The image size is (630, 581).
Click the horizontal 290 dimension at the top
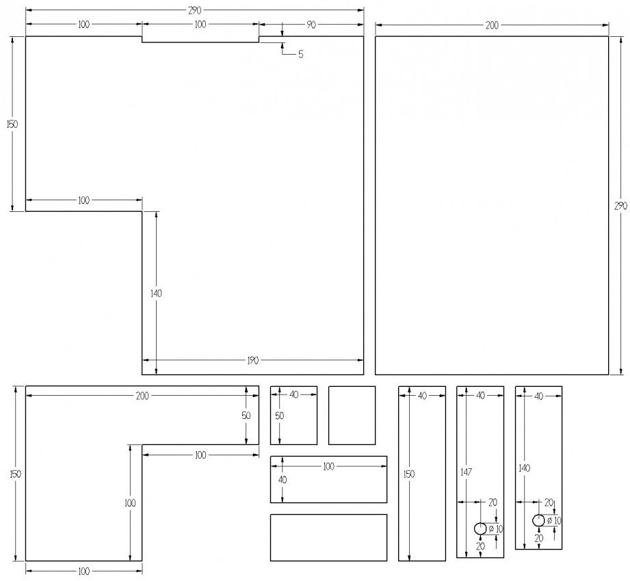pyautogui.click(x=194, y=10)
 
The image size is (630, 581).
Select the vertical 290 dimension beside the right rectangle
pyautogui.click(x=620, y=206)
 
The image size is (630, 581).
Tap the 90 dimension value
pyautogui.click(x=311, y=25)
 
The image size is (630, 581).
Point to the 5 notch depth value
pyautogui.click(x=300, y=54)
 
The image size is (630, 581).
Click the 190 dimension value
pyautogui.click(x=252, y=361)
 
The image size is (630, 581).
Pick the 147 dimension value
pyautogui.click(x=466, y=472)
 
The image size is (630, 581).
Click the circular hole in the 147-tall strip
pyautogui.click(x=480, y=529)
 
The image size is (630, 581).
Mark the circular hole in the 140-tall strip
pyautogui.click(x=538, y=520)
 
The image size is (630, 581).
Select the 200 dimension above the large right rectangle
pyautogui.click(x=492, y=25)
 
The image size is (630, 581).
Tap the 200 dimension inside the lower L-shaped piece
pyautogui.click(x=142, y=396)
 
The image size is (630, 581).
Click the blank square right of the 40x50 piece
pyautogui.click(x=352, y=415)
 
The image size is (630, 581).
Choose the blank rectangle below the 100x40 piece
pyautogui.click(x=328, y=537)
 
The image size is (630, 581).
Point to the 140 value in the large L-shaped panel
pyautogui.click(x=156, y=293)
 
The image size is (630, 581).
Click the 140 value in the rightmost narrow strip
pyautogui.click(x=525, y=468)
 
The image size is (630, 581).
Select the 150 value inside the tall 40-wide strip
pyautogui.click(x=408, y=474)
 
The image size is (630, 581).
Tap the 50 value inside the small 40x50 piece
pyautogui.click(x=280, y=416)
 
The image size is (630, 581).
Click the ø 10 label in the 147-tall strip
pyautogui.click(x=496, y=529)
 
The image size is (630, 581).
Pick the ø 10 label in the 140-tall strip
pyautogui.click(x=554, y=521)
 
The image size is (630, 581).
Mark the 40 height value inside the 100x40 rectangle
pyautogui.click(x=283, y=479)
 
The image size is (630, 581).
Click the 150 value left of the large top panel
pyautogui.click(x=12, y=124)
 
